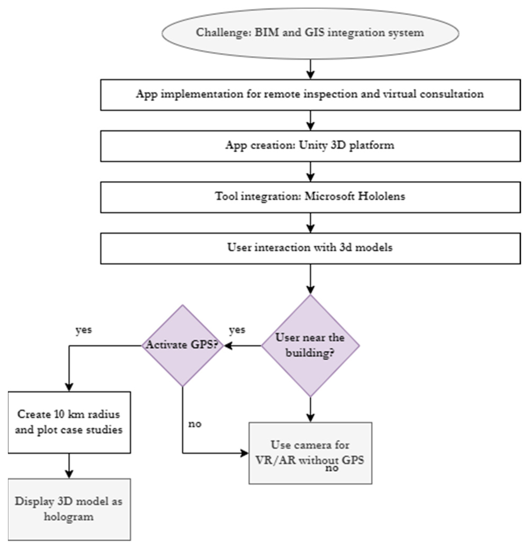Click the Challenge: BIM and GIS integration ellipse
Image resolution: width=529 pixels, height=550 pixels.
[x=310, y=33]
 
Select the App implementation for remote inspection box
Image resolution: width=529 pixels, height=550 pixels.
[x=310, y=95]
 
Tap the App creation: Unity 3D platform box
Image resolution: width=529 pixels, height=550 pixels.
[x=310, y=146]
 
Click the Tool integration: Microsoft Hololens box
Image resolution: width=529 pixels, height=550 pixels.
[x=310, y=197]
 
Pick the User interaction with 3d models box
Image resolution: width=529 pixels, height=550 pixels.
[x=310, y=248]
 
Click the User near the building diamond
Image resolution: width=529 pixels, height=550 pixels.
[x=310, y=345]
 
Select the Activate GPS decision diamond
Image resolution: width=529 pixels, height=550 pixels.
[x=182, y=345]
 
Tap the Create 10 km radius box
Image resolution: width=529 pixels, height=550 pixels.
[x=69, y=422]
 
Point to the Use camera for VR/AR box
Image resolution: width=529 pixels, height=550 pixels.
[x=310, y=453]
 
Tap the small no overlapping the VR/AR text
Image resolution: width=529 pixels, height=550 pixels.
[x=332, y=468]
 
